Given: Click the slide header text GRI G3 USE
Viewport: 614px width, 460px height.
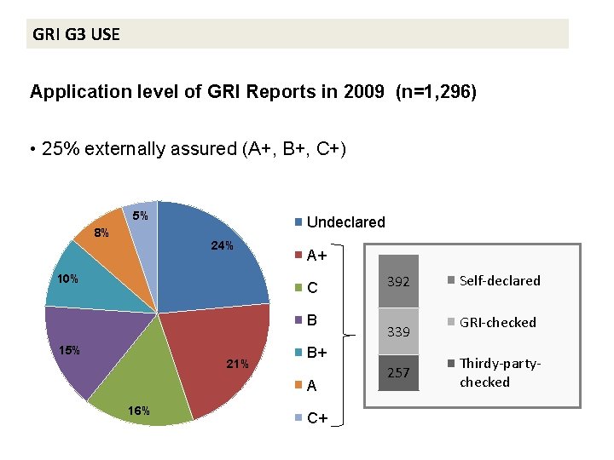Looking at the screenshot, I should (x=76, y=35).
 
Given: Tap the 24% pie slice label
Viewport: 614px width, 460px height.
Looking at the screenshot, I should (x=222, y=246).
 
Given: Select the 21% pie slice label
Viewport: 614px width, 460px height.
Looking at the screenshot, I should (x=237, y=365).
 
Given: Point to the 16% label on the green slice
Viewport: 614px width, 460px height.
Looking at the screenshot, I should (x=139, y=411).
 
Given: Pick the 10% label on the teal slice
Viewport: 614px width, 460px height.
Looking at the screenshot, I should (x=67, y=279).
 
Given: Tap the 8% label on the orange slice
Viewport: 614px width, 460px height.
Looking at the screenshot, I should (x=101, y=232).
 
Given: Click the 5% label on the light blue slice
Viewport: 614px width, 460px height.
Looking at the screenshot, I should (x=141, y=216).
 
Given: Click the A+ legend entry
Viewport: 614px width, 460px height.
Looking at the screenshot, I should (x=317, y=255).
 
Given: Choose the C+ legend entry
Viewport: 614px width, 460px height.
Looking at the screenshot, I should (x=317, y=418).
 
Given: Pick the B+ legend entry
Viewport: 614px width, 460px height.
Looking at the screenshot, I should (x=317, y=353).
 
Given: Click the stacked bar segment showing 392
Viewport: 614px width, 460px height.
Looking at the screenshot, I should (x=397, y=281).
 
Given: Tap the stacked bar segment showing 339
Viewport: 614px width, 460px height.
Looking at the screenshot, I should (x=397, y=332).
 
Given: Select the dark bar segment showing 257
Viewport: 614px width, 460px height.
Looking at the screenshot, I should (x=397, y=373).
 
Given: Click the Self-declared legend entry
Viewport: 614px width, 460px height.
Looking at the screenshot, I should (x=499, y=280).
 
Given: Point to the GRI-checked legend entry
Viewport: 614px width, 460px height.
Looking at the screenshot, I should (x=497, y=322).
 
